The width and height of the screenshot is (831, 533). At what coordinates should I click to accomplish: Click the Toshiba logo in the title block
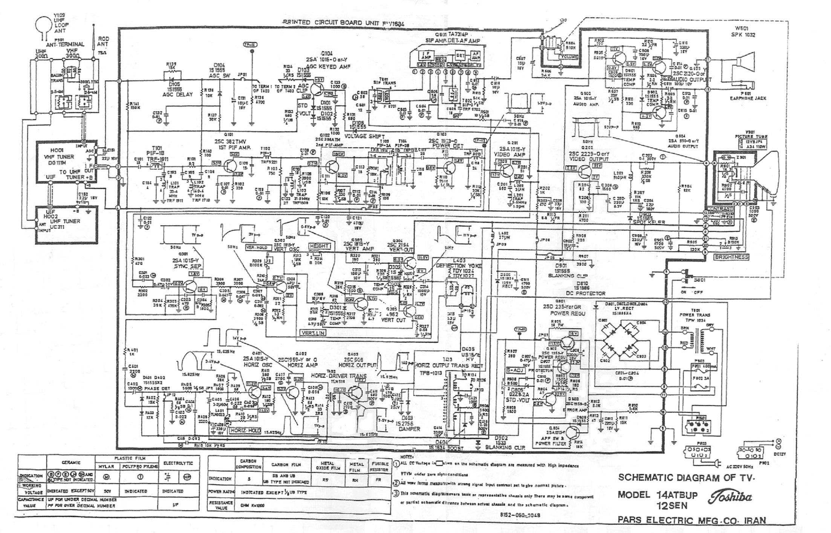pos(730,497)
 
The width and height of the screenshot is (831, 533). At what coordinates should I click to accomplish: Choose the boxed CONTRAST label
pos(720,209)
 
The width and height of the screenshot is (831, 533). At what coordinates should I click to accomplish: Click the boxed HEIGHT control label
pos(319,246)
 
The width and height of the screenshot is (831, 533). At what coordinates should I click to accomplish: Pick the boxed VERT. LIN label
pos(313,333)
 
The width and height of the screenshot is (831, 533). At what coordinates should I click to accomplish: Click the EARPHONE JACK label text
pos(748,98)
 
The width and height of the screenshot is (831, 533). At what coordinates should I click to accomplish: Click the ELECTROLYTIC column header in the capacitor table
pos(178,463)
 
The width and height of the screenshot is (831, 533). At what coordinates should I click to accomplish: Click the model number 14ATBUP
pos(677,495)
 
